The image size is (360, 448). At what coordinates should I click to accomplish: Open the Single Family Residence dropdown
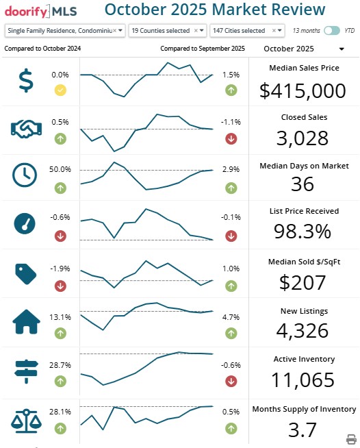[65, 31]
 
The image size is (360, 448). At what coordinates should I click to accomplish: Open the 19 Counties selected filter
[167, 31]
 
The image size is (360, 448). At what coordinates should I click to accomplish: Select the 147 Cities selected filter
[246, 31]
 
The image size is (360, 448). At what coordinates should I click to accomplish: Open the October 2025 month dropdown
[303, 49]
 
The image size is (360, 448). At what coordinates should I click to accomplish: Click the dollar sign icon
[25, 81]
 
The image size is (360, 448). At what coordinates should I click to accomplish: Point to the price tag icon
[25, 273]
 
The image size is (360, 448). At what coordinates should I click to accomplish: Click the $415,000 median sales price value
[303, 90]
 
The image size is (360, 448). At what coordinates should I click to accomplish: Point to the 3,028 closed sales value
[304, 138]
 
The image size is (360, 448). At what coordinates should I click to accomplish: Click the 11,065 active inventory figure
[303, 380]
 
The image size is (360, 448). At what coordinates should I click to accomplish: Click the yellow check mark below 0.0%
[60, 90]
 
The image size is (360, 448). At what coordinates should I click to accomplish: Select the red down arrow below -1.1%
[231, 138]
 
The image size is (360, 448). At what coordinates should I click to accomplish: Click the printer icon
[351, 438]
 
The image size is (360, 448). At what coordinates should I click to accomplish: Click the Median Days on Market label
[304, 166]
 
